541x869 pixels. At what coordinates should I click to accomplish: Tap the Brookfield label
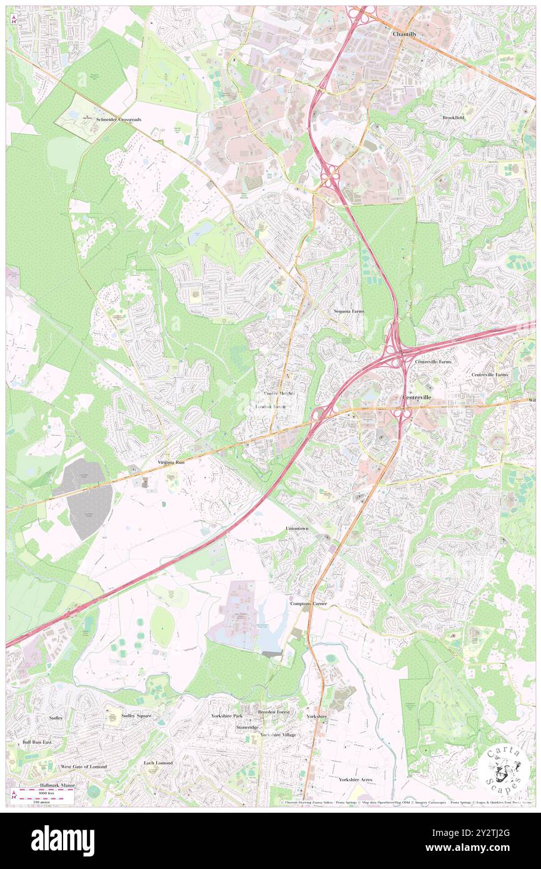coord(454,118)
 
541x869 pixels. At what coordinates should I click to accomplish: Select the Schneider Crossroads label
coord(118,119)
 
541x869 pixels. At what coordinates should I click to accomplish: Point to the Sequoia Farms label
coord(349,311)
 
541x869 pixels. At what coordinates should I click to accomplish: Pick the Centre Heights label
coord(279,393)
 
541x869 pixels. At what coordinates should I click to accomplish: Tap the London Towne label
coord(271,407)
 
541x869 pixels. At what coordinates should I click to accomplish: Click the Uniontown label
coord(297,529)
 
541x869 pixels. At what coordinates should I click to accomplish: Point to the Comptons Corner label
coord(308,604)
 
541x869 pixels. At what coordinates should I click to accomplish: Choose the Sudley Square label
coord(136,715)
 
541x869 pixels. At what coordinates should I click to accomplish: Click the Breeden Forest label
coord(274,712)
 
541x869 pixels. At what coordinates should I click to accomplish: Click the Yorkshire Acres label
coord(355,780)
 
